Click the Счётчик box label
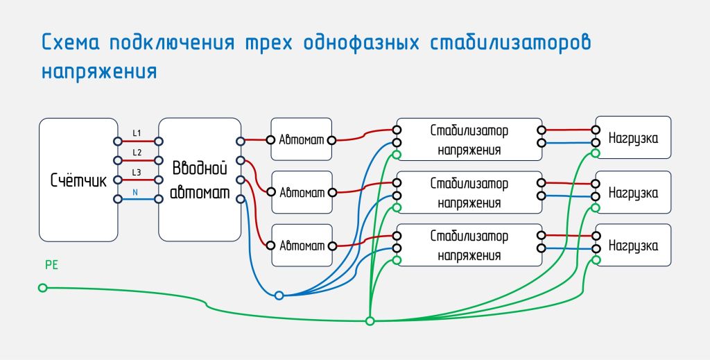(78, 180)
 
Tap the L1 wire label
(137, 133)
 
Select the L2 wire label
(137, 153)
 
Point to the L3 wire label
(137, 173)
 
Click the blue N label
(135, 192)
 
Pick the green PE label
(51, 265)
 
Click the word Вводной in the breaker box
(200, 169)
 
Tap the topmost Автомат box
(302, 139)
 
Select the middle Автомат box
(302, 192)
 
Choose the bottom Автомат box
(302, 246)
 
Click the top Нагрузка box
(633, 137)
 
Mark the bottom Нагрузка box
(633, 245)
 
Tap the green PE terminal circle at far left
(42, 288)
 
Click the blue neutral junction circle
(279, 295)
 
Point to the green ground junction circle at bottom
(370, 321)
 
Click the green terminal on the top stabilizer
(397, 155)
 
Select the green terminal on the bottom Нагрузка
(596, 260)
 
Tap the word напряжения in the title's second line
(99, 71)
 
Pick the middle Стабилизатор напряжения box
(469, 192)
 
